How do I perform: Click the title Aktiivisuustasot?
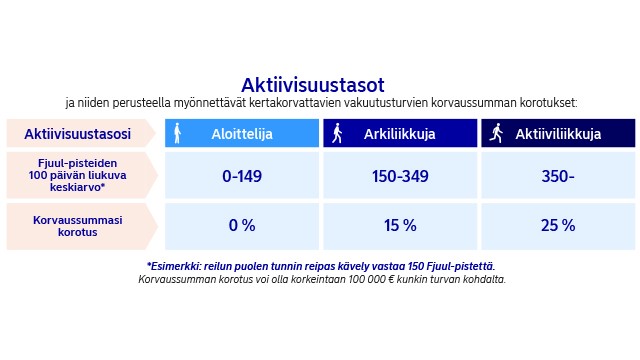[x=312, y=84]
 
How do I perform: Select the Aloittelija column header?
[x=241, y=134]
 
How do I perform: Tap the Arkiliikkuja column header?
[x=398, y=134]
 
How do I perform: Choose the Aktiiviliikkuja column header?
[x=558, y=134]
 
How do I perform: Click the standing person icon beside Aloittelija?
[x=178, y=133]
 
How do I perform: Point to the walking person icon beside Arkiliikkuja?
[x=337, y=133]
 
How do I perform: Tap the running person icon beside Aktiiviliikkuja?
[x=494, y=133]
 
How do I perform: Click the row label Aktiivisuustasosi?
[x=77, y=134]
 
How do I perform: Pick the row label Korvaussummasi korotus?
[x=77, y=225]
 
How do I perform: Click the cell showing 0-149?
[x=241, y=176]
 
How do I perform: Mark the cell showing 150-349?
[x=399, y=176]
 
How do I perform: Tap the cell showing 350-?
[x=558, y=176]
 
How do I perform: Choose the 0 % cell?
[x=241, y=226]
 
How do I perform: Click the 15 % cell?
[x=399, y=226]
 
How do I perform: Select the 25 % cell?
[x=558, y=226]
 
